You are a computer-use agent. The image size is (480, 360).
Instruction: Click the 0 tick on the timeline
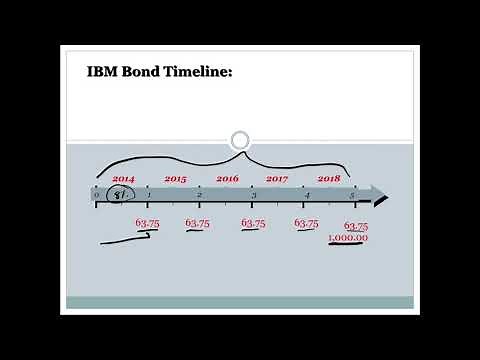pos(97,194)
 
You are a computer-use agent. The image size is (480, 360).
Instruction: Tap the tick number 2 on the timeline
pos(200,194)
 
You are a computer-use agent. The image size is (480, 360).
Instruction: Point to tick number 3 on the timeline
pos(253,194)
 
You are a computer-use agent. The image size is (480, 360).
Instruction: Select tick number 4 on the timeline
pos(306,194)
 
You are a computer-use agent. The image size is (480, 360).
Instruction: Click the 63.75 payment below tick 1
pos(147,223)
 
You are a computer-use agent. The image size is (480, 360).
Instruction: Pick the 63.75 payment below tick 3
pos(253,223)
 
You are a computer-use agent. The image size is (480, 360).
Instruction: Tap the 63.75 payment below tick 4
pos(306,224)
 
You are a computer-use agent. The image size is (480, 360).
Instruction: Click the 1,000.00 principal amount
pos(347,238)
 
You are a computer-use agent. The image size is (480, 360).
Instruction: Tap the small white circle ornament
pos(239,140)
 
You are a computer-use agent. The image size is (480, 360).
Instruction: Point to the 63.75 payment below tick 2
pos(197,223)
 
